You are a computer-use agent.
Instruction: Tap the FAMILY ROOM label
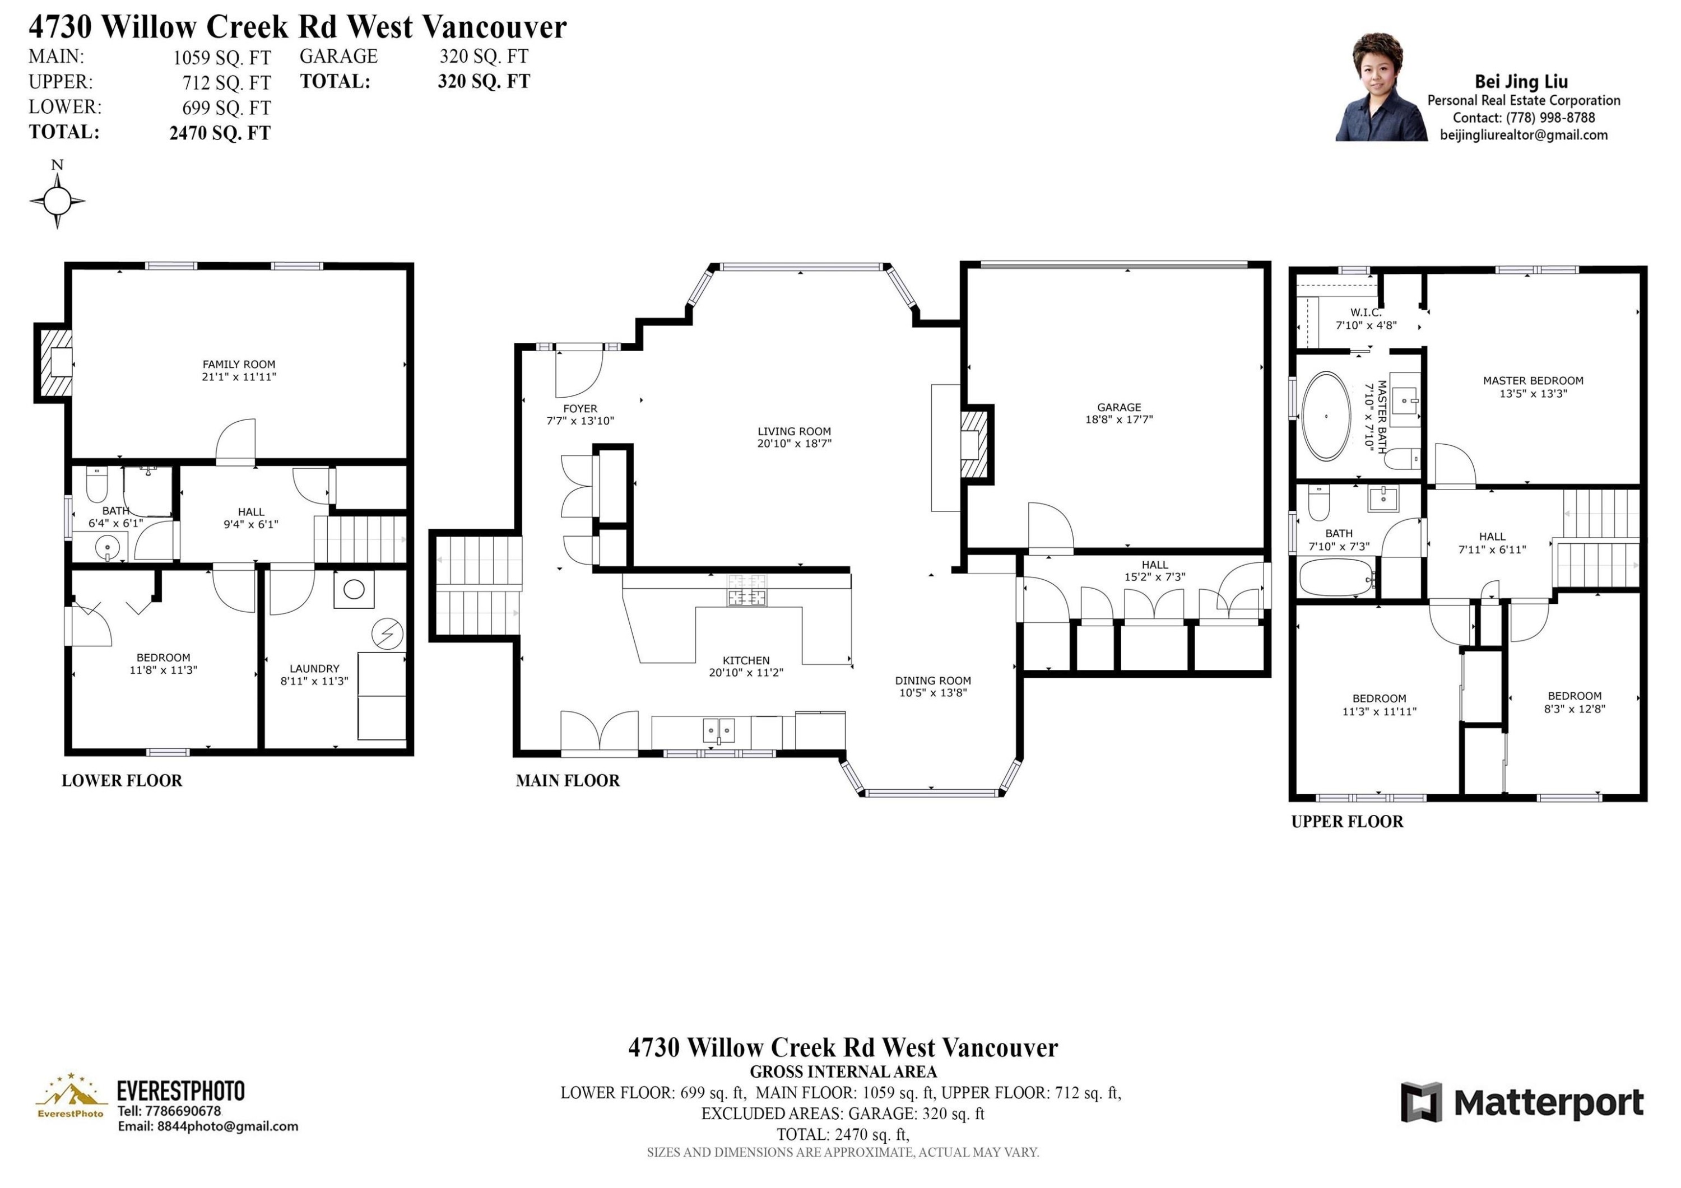click(x=239, y=364)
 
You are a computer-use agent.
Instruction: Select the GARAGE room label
click(x=1119, y=407)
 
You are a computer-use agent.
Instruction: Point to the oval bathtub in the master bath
click(x=1326, y=417)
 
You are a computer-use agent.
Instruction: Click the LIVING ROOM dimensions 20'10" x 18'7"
click(x=795, y=444)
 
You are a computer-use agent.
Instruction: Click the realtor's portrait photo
click(x=1381, y=87)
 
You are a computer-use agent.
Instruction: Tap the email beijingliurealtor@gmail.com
click(x=1524, y=134)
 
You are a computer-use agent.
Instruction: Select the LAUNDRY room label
click(x=314, y=668)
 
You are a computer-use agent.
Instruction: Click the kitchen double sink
click(x=719, y=730)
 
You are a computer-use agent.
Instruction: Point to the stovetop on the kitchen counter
click(x=747, y=590)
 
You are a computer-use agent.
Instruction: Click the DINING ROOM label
click(x=933, y=681)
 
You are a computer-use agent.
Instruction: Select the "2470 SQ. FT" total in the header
click(x=220, y=133)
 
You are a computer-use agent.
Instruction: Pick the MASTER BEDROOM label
click(x=1533, y=381)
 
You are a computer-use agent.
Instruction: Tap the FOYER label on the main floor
click(x=580, y=408)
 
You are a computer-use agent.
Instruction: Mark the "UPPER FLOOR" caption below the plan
click(x=1347, y=821)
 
